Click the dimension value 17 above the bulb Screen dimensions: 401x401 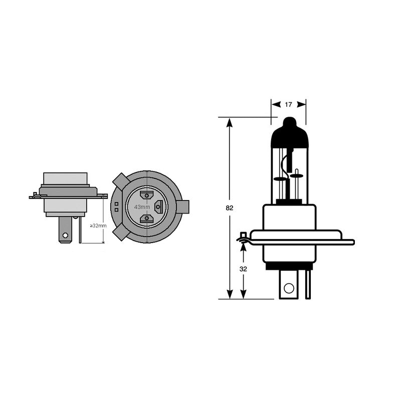pos(288,105)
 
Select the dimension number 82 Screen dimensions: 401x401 pos(230,208)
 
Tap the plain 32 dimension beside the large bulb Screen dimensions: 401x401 pos(243,269)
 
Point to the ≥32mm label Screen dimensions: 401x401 pos(98,226)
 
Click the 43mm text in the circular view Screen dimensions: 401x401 pos(141,207)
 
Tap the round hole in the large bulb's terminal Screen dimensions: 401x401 pos(288,288)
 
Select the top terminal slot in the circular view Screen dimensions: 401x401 pos(147,194)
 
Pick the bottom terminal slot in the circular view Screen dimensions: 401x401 pos(147,218)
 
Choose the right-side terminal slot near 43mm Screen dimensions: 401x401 pos(159,206)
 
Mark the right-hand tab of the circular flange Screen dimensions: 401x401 pos(183,206)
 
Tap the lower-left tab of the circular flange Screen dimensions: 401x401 pos(120,232)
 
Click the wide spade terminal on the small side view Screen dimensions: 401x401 pos(65,232)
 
